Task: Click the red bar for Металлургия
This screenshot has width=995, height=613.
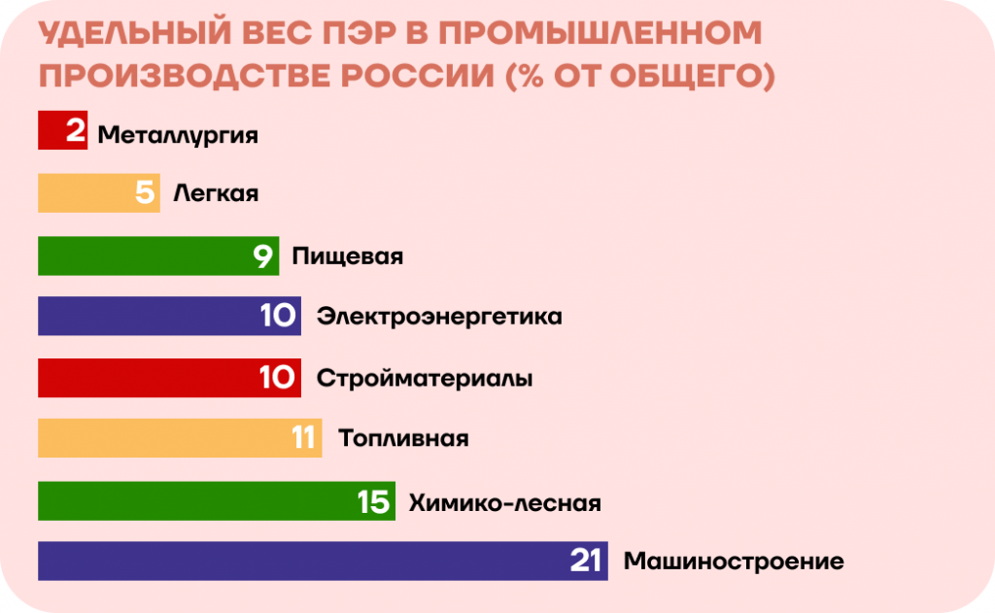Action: [x=63, y=130]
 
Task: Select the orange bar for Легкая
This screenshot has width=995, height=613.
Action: [x=99, y=193]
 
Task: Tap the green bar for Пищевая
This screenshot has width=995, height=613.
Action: [x=158, y=255]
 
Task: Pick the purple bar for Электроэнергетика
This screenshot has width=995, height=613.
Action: [x=169, y=316]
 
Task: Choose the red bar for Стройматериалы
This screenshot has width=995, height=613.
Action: [x=169, y=378]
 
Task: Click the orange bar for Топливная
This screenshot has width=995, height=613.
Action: [x=180, y=438]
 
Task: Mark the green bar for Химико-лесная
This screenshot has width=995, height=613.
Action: [x=217, y=500]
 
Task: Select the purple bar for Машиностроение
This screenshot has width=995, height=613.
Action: [x=323, y=561]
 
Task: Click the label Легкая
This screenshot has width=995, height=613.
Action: [x=216, y=193]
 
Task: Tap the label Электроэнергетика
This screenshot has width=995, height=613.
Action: [x=439, y=317]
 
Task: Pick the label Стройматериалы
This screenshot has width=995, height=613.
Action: [x=425, y=379]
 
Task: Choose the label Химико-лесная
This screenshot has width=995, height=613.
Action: [x=504, y=502]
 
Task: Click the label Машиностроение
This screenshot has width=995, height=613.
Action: [x=734, y=562]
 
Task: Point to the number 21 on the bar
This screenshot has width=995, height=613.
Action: [x=585, y=561]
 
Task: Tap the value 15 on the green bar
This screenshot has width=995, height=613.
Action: [x=373, y=502]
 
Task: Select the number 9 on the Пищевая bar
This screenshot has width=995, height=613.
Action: [x=262, y=256]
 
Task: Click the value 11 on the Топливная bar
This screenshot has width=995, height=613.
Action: [x=303, y=438]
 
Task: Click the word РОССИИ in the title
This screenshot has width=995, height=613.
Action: [x=418, y=76]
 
